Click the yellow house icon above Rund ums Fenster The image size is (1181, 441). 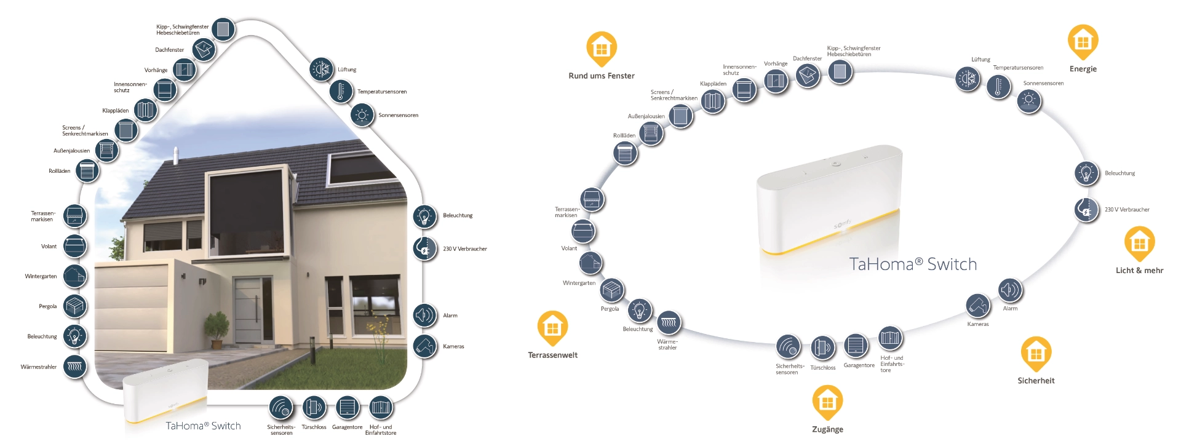tap(601, 48)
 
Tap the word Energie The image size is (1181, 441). tap(1083, 69)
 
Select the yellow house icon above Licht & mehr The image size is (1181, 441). tap(1139, 243)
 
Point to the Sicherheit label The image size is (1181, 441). tap(1036, 381)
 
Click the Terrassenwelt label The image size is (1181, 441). tap(552, 355)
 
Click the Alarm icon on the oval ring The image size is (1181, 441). tap(1009, 290)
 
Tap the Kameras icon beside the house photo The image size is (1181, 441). tap(424, 346)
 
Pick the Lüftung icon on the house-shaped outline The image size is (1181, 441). tap(320, 70)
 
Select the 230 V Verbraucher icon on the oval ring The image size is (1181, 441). tap(1086, 210)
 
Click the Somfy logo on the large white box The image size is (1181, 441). tap(843, 224)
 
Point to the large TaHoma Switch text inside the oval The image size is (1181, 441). tap(913, 264)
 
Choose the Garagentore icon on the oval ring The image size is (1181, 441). tap(856, 346)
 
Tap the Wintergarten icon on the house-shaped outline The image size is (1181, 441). tap(74, 276)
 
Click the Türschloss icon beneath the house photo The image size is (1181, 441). tap(314, 407)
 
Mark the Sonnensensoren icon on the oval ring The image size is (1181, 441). tap(1028, 100)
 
